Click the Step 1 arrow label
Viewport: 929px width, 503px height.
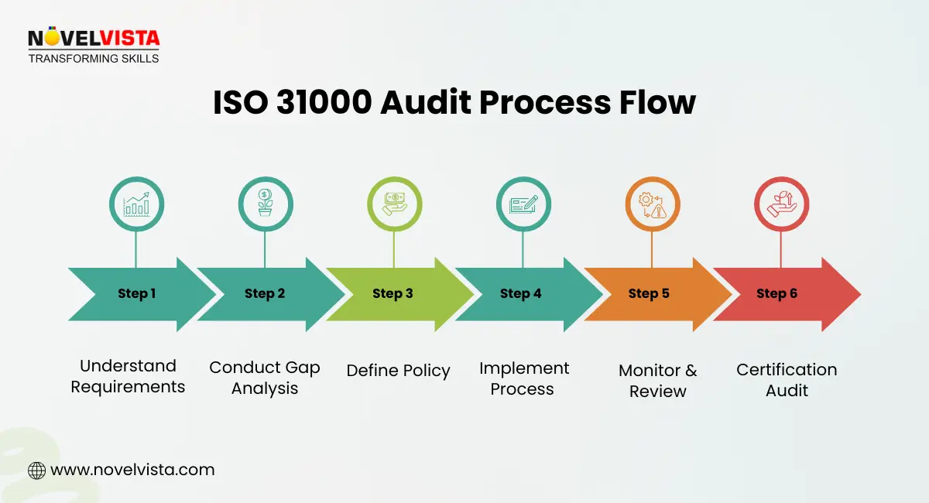[x=136, y=293]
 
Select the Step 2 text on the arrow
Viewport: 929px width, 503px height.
[x=265, y=293]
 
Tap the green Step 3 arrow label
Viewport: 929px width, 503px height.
[x=393, y=293]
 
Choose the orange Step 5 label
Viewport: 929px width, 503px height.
[x=649, y=293]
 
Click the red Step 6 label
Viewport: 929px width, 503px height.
[x=776, y=293]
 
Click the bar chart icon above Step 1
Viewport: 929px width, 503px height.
[x=136, y=204]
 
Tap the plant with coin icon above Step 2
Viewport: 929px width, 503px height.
[x=265, y=204]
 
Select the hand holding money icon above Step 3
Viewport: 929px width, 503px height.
[x=393, y=204]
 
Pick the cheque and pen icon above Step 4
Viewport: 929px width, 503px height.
[x=523, y=204]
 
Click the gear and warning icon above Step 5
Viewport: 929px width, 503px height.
[x=651, y=204]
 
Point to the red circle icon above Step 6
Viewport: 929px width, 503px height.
[x=780, y=204]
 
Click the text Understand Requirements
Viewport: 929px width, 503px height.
[x=128, y=376]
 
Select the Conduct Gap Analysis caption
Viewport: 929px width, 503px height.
[x=265, y=378]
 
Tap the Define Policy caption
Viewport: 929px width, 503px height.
[x=398, y=371]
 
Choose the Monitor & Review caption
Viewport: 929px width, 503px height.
[x=657, y=381]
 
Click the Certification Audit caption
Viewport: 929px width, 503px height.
[x=787, y=380]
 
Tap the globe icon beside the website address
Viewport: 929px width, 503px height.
[x=36, y=470]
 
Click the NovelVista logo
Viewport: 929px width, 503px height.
[x=94, y=45]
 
